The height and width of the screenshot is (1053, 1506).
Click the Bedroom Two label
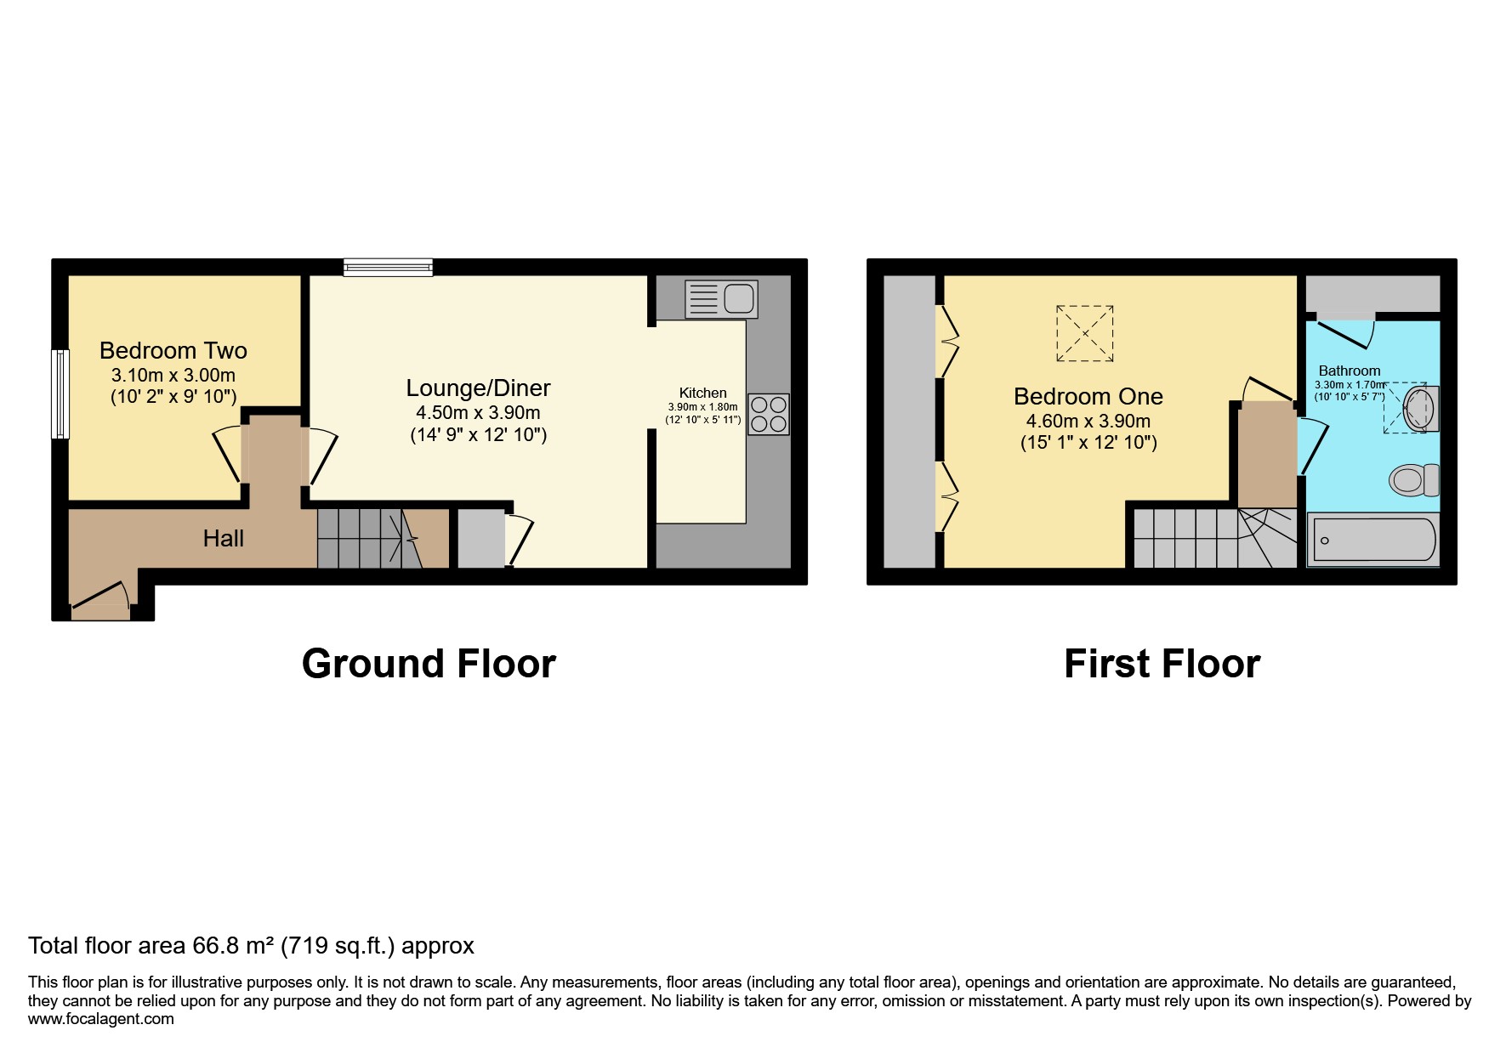coord(173,350)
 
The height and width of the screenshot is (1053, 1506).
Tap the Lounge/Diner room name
coord(478,388)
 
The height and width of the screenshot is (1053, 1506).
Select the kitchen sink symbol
coord(721,299)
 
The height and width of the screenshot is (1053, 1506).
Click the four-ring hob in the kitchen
coord(769,414)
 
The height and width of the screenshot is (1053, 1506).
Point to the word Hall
coord(223,538)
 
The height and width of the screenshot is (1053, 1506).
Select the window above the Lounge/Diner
coord(388,268)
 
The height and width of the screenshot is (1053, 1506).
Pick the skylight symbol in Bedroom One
coord(1084,333)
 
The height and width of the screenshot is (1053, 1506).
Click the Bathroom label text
coord(1349,371)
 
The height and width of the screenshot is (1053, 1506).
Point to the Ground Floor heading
coord(429,664)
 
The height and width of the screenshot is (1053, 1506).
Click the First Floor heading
coord(1162,664)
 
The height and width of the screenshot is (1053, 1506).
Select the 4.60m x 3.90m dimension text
coord(1088,421)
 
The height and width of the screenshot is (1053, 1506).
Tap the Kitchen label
coord(702,393)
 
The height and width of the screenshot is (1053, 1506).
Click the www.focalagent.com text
coord(101,1019)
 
